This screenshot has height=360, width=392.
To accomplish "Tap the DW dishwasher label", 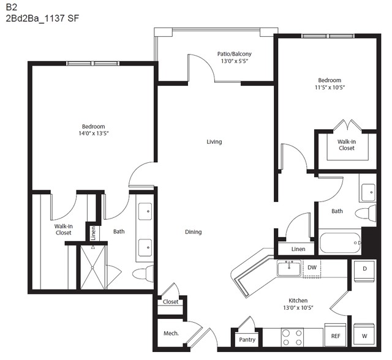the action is coord(312,268).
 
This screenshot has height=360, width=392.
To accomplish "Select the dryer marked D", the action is coord(364,271).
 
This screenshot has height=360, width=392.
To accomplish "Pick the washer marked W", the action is coord(364,334).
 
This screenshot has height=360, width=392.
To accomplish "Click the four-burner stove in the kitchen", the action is coord(292,337).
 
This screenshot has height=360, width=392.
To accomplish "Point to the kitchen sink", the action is coord(289,268).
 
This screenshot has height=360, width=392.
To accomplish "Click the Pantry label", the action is coord(247,340).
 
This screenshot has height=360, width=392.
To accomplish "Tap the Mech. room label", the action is coord(171,333).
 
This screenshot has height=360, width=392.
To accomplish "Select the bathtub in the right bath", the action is coord(341,242).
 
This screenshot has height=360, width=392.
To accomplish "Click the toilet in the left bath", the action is coord(143,274).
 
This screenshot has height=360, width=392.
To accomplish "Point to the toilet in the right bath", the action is coord(366,213).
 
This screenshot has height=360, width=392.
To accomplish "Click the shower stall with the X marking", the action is coord(92,267).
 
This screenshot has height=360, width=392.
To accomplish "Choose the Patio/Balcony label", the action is coord(234,54).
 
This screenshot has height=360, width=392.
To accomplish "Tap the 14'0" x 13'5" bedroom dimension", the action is coord(94,133).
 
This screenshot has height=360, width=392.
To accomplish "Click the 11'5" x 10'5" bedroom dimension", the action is coord(330,88).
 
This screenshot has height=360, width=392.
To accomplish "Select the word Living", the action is coord(214,141).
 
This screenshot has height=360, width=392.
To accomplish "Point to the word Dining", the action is coord(194,232).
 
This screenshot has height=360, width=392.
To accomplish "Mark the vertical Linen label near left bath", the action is coord(93,233).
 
